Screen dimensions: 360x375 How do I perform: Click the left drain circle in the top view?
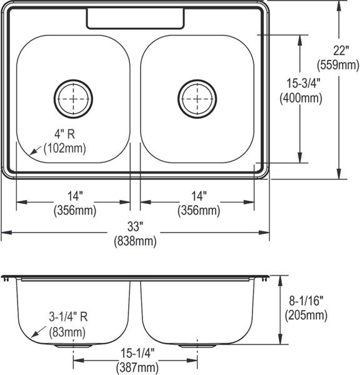[54, 99]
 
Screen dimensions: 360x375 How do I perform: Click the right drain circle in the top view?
[178, 99]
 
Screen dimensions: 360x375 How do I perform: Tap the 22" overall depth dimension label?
[341, 51]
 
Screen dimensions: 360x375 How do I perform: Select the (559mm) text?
[338, 65]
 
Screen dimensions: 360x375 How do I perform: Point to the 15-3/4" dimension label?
[303, 83]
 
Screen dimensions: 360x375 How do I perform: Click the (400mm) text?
[301, 98]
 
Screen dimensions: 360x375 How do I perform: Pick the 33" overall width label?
[135, 226]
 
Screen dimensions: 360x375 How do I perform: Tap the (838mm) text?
[135, 241]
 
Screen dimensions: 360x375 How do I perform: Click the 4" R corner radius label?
[64, 134]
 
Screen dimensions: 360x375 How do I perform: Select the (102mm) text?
[65, 148]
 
